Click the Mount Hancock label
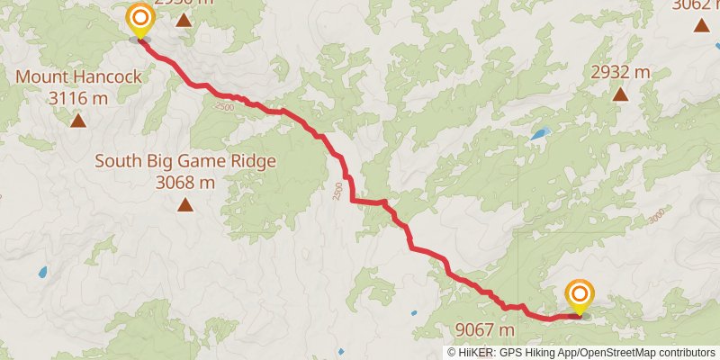coord(78,77)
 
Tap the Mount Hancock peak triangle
coord(78,120)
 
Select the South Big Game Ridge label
coord(184,162)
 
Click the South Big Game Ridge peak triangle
coord(184,204)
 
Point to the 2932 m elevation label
coord(620,71)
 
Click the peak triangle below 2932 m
coord(620,93)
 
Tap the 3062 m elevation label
coord(696,4)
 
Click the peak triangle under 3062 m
coord(701,24)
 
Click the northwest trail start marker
coord(139,22)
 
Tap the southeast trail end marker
coord(580,298)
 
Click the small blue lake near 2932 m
coord(539,134)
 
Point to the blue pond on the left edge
coord(42,271)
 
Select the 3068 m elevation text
coord(184,183)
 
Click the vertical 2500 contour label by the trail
coord(337,191)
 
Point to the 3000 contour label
coord(657,215)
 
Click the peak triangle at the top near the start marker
coord(184,19)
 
